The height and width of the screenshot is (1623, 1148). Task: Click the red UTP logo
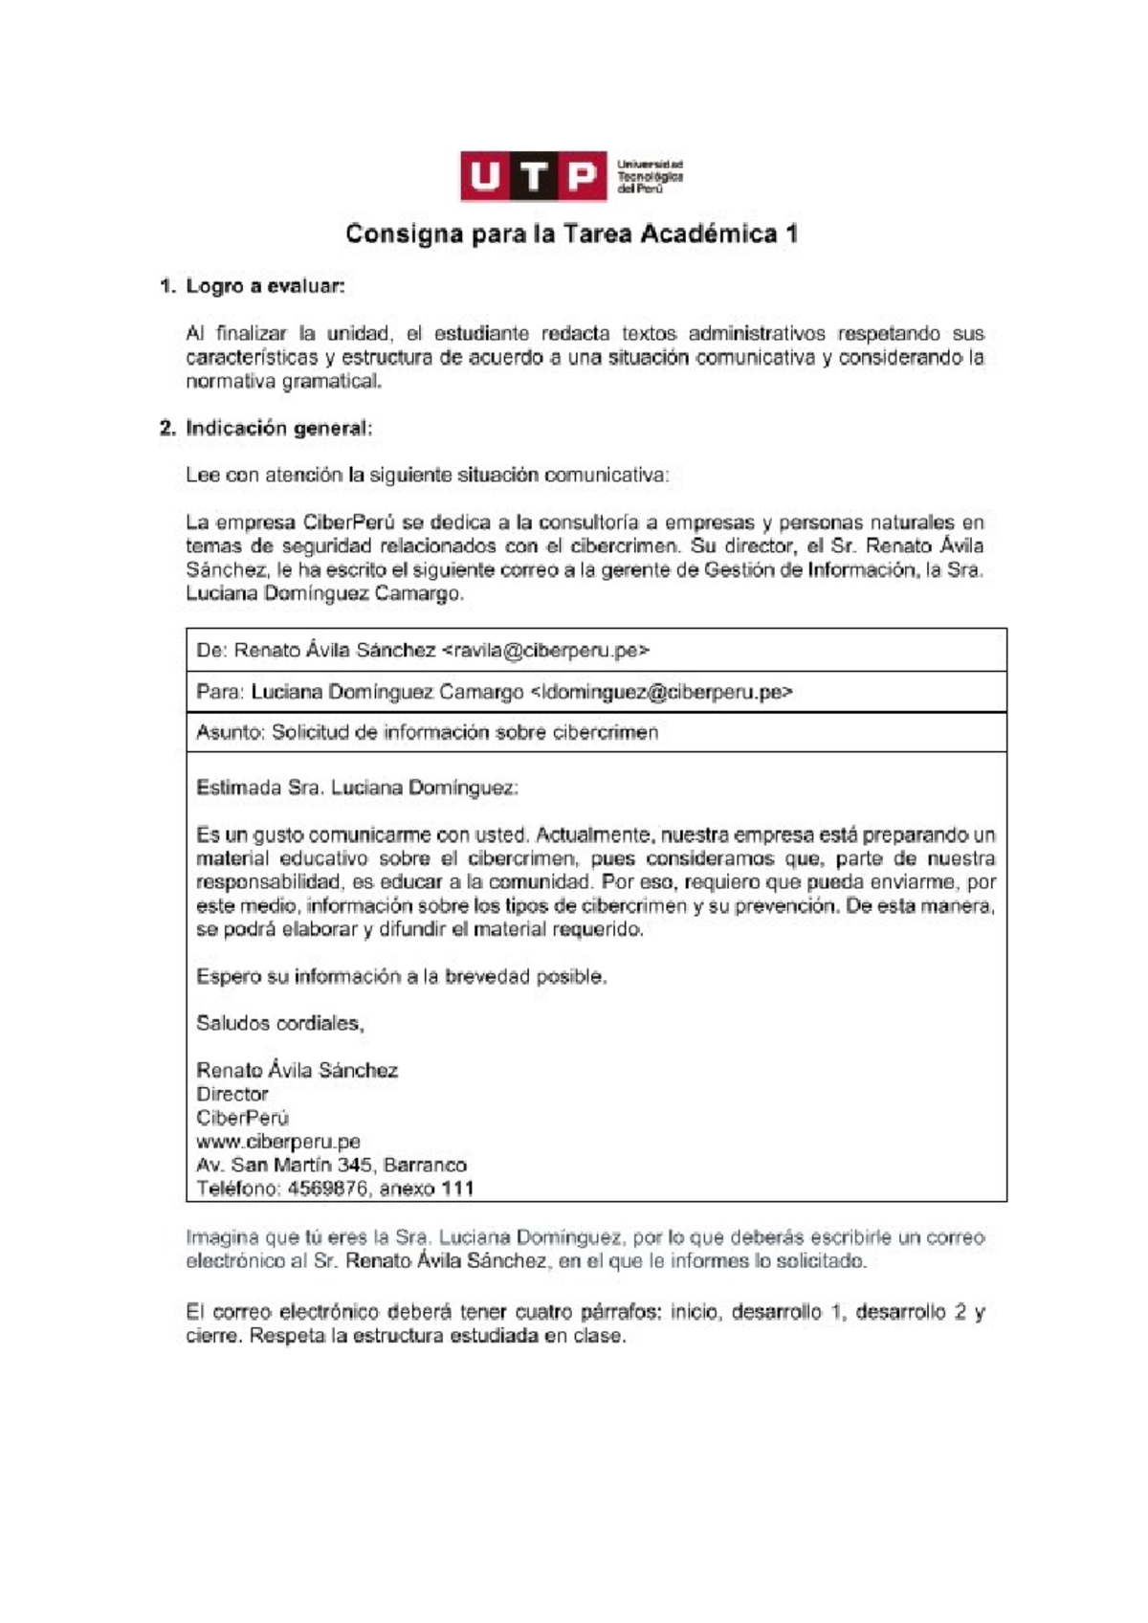click(x=533, y=176)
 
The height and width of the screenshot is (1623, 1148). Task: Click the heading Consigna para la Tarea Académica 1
click(x=571, y=234)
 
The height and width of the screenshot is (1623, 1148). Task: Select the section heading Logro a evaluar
click(x=265, y=286)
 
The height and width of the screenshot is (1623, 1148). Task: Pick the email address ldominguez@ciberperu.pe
click(x=661, y=692)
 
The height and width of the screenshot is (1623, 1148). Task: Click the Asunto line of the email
click(x=427, y=733)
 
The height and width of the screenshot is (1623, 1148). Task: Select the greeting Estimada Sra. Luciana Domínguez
click(x=357, y=789)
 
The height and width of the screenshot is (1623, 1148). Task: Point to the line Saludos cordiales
click(x=279, y=1024)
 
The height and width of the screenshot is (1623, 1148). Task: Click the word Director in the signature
click(x=232, y=1095)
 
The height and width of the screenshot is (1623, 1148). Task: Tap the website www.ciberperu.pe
click(x=277, y=1142)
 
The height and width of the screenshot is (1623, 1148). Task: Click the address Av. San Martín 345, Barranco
click(x=331, y=1166)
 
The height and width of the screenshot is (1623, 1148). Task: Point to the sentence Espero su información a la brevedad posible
click(x=401, y=977)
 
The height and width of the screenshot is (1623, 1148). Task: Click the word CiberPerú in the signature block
click(x=242, y=1118)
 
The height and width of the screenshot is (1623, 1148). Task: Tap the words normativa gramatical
click(x=283, y=382)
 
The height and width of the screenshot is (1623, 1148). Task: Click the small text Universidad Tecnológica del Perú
click(x=650, y=177)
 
